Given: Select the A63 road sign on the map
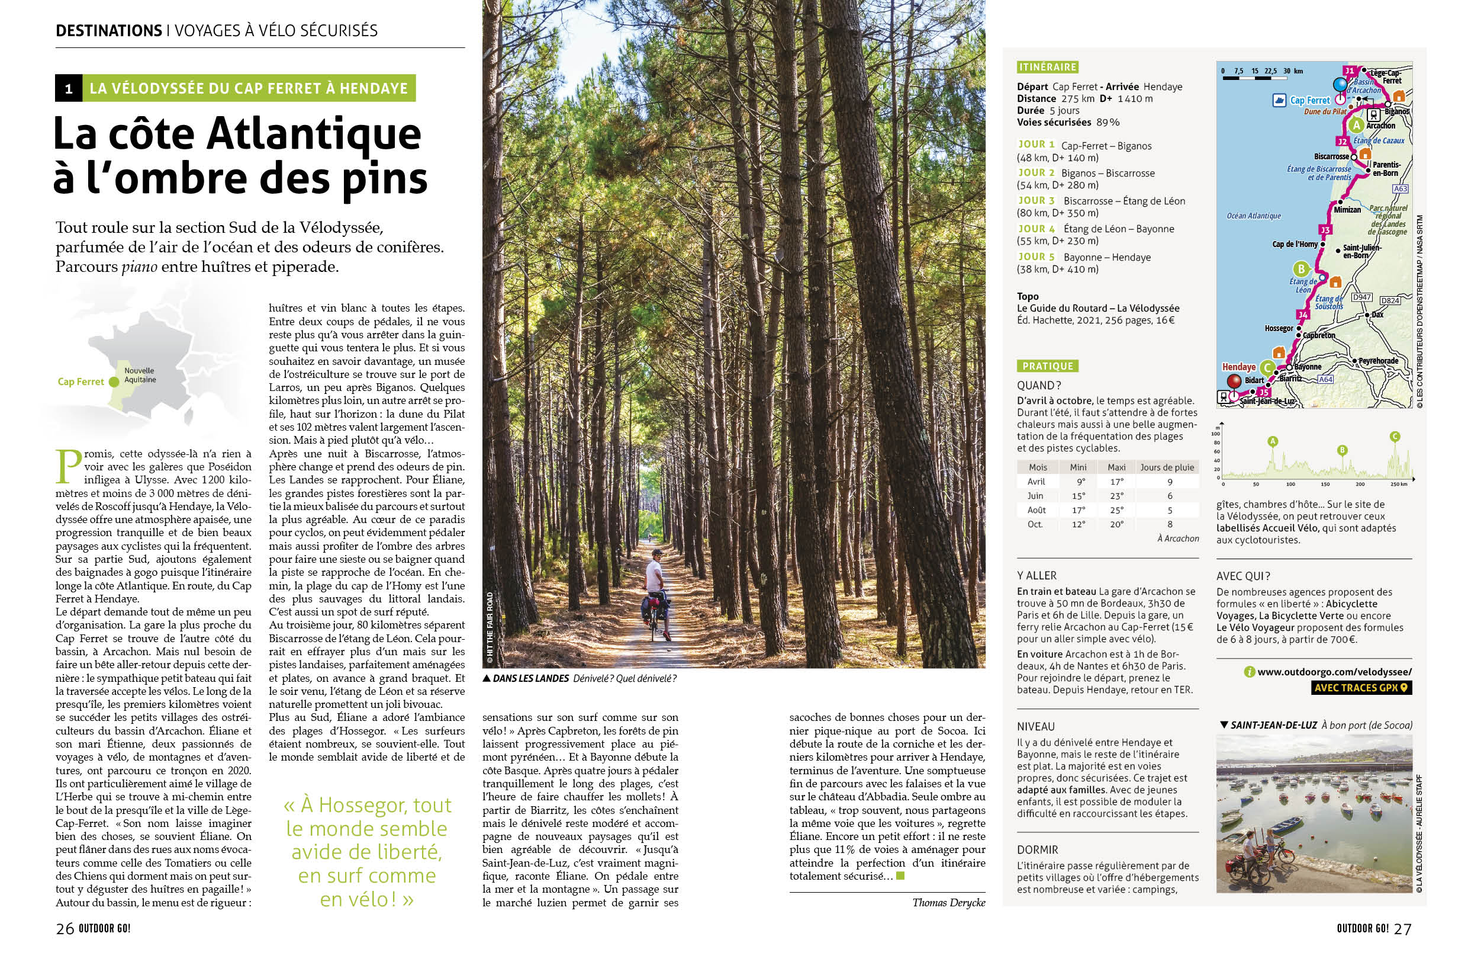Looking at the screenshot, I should pyautogui.click(x=1401, y=189).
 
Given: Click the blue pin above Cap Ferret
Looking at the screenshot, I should pyautogui.click(x=1340, y=85).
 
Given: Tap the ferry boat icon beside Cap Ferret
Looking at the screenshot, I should pyautogui.click(x=1279, y=100).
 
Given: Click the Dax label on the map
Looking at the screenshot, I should pyautogui.click(x=1377, y=315).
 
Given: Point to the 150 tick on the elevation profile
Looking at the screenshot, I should pyautogui.click(x=1325, y=485).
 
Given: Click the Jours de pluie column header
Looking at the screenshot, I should pyautogui.click(x=1167, y=467).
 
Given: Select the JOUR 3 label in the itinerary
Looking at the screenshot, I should pyautogui.click(x=1036, y=201).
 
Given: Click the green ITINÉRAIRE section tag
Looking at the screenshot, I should pyautogui.click(x=1047, y=68).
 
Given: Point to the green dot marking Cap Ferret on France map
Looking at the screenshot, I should pyautogui.click(x=114, y=382).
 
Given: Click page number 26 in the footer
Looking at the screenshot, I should pyautogui.click(x=65, y=929).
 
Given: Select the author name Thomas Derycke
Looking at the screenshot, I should pyautogui.click(x=949, y=903).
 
